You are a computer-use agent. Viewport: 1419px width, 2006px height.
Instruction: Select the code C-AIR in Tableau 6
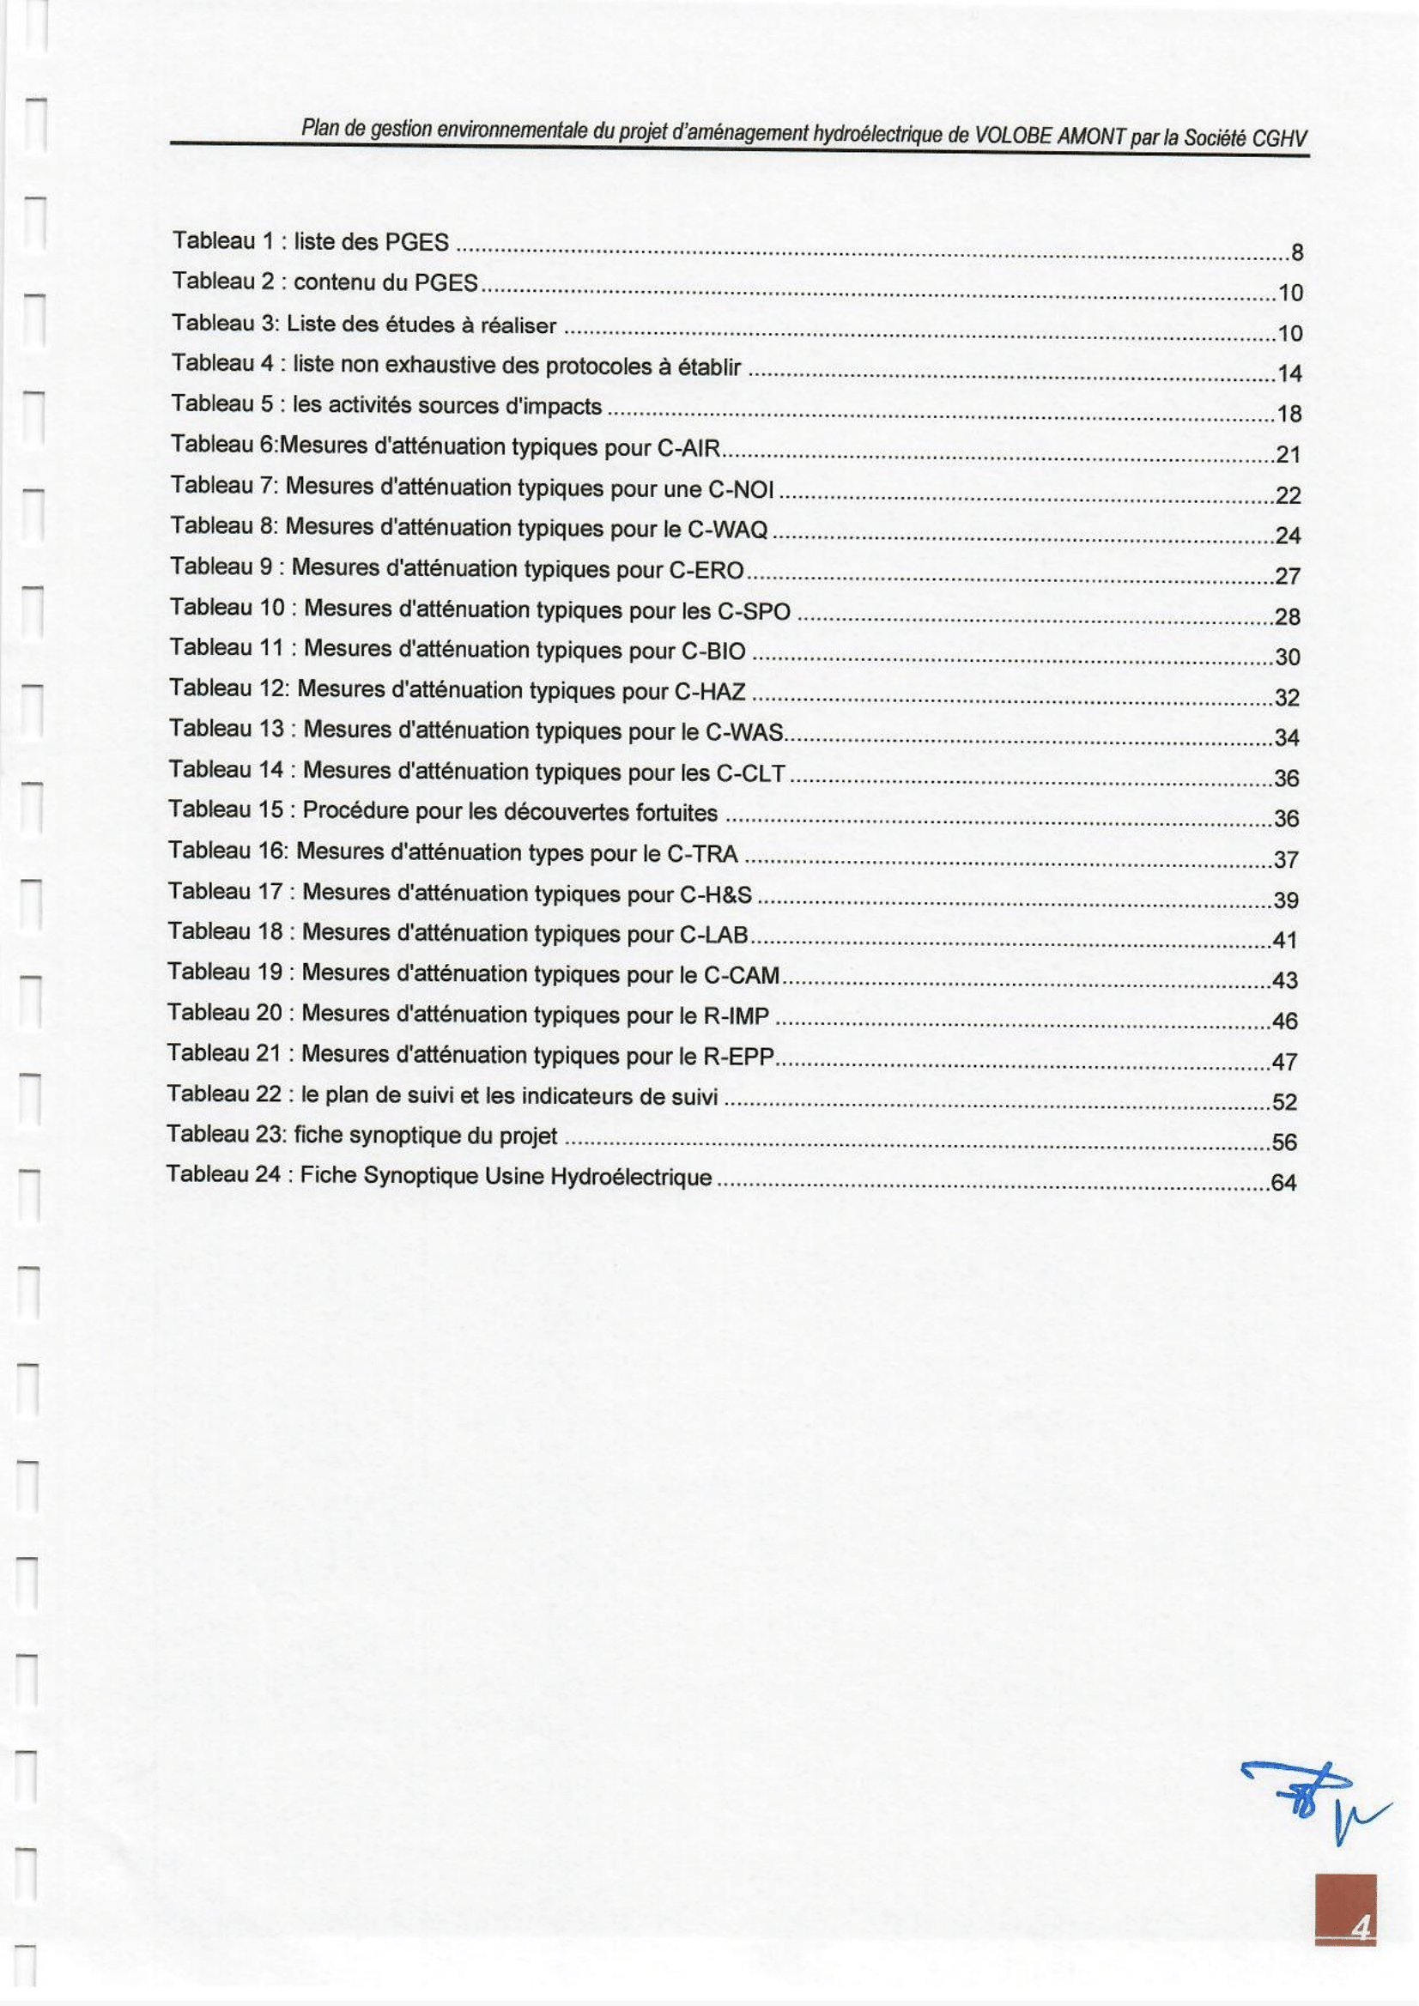[688, 449]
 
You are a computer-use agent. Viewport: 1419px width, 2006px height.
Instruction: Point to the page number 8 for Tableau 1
[1296, 252]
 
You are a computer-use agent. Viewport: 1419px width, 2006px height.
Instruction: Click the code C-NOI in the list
[741, 490]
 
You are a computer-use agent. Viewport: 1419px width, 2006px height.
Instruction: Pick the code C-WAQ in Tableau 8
[736, 530]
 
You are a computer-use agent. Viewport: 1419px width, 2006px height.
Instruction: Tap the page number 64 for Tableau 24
[1283, 1183]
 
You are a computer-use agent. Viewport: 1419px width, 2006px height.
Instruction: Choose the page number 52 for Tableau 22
[1284, 1102]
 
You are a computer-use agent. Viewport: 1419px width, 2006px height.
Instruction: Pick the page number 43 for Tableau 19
[1284, 980]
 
